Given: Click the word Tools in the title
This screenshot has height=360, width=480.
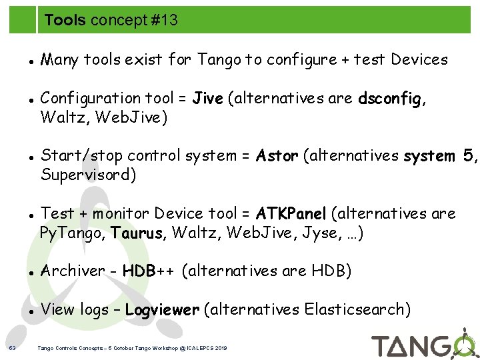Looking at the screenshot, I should pyautogui.click(x=65, y=21).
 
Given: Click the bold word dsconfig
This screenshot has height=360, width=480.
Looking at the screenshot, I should pyautogui.click(x=389, y=99).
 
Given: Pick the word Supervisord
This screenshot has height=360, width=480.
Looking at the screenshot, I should pyautogui.click(x=89, y=175).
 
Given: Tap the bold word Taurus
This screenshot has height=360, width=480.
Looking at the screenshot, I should pyautogui.click(x=137, y=233).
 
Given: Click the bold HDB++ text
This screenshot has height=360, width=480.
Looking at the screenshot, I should pyautogui.click(x=149, y=271).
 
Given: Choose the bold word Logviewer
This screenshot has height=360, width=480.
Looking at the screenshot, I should pyautogui.click(x=162, y=309).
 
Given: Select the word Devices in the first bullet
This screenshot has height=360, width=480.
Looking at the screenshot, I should pyautogui.click(x=419, y=60).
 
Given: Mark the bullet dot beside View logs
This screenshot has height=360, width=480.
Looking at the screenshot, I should pyautogui.click(x=31, y=311).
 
